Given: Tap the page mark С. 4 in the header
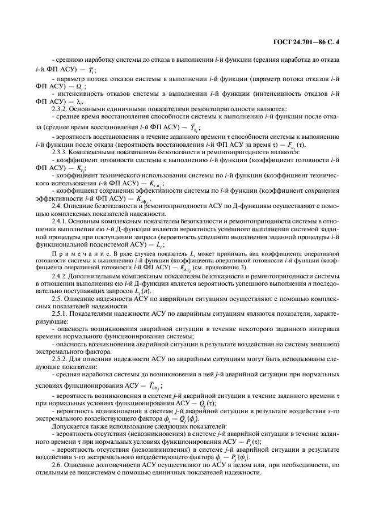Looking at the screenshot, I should [x=340, y=42].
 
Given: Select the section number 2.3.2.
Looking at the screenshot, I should [x=61, y=108].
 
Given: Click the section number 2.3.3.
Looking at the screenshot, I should [x=61, y=152].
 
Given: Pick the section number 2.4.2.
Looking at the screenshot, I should [x=61, y=276].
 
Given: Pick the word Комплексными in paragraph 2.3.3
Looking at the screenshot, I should [x=92, y=152].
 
